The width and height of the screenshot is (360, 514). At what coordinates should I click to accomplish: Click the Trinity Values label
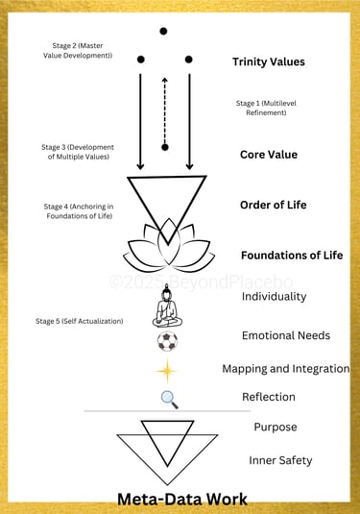point(268,62)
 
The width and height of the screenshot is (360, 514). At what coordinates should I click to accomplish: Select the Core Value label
point(268,154)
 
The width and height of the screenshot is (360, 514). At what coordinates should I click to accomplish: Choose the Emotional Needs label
point(286,335)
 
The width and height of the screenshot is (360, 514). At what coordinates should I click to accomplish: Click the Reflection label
point(268,397)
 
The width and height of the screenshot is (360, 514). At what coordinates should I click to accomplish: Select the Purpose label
point(275,427)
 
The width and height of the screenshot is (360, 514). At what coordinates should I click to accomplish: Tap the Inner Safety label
point(281,460)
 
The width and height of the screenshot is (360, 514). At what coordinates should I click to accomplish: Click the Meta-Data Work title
point(181,499)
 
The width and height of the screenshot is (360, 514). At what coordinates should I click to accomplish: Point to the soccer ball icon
point(167,341)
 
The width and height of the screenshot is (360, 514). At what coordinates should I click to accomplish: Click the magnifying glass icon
point(169,398)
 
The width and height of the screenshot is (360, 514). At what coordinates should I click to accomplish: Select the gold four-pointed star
point(168,370)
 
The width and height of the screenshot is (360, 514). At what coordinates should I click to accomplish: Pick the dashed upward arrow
point(165,104)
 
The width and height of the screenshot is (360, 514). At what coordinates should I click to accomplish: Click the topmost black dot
point(163,32)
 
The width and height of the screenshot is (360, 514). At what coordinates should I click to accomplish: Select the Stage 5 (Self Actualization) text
point(83,320)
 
